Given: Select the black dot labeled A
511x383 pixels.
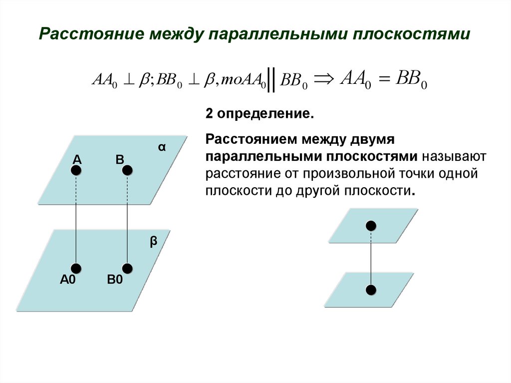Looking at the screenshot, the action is point(76,170).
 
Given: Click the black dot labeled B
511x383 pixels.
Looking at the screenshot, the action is point(127,170).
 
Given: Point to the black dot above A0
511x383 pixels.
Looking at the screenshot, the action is point(76,269).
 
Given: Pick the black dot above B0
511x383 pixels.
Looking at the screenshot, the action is point(127,269).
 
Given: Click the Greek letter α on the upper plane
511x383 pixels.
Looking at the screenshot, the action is point(162,147).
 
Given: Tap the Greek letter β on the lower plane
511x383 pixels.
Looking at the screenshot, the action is point(154,242).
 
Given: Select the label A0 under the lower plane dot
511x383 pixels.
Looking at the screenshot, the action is point(67,280).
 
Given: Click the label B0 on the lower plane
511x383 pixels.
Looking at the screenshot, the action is point(115,280).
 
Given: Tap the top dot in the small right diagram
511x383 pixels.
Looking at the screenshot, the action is point(370,225).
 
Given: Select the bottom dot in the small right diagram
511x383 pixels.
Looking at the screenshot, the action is point(370,290).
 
